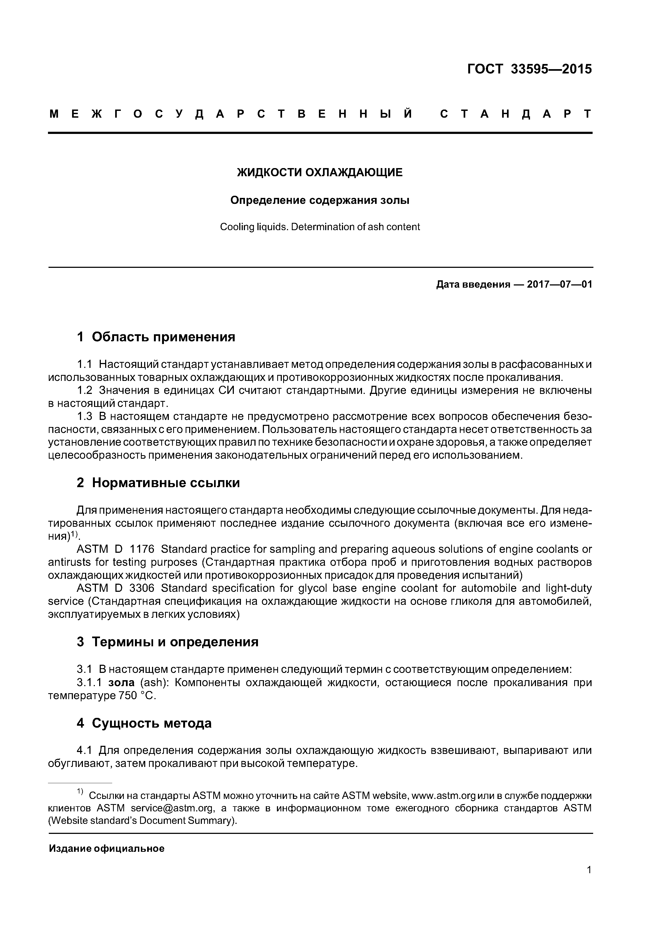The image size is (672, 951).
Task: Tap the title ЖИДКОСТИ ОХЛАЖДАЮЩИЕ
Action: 320,172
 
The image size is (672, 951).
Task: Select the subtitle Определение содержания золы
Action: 320,200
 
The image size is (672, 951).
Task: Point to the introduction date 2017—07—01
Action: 559,285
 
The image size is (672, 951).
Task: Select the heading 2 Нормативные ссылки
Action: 158,483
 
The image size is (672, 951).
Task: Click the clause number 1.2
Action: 85,391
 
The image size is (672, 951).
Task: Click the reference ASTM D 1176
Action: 115,549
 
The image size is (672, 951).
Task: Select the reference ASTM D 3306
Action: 115,588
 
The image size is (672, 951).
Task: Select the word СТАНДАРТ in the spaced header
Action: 515,114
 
